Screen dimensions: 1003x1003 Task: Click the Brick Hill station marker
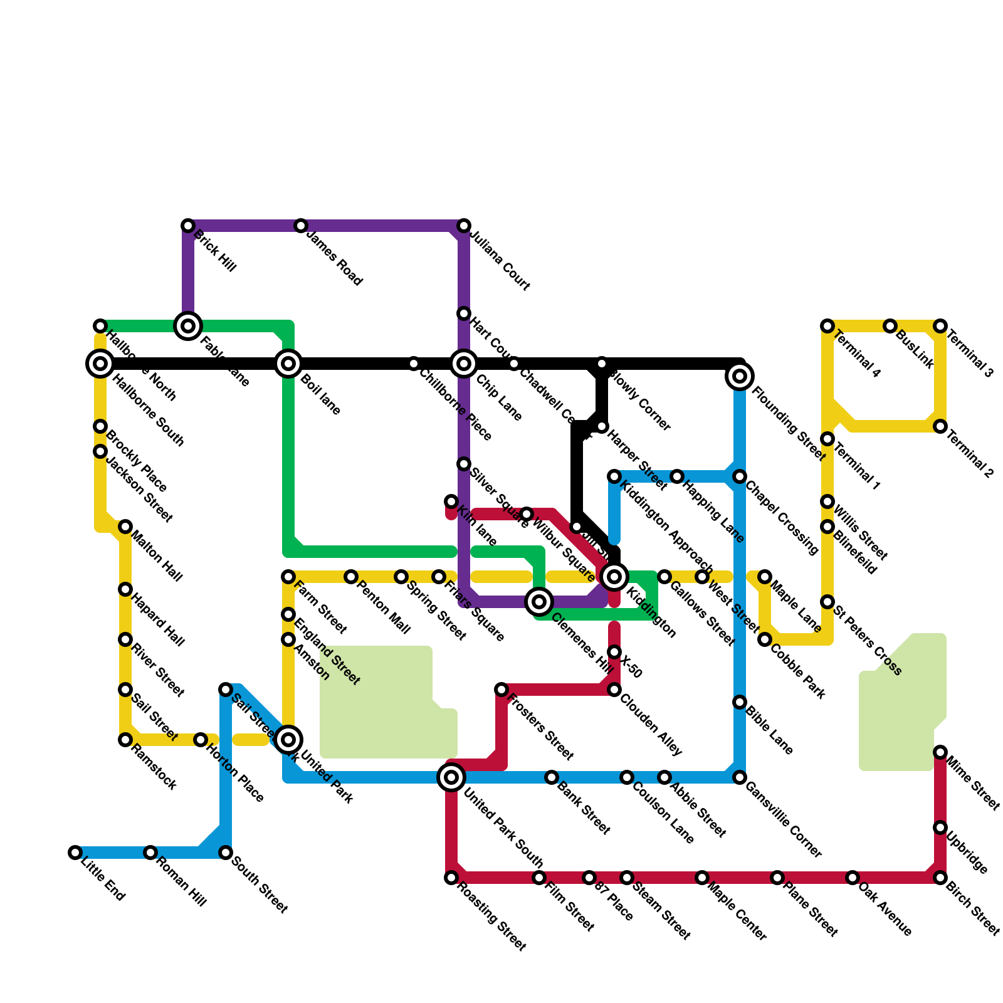[188, 226]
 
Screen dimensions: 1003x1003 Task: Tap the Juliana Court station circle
[464, 226]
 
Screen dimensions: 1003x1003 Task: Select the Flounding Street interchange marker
[740, 376]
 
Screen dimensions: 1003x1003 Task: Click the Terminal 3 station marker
[940, 326]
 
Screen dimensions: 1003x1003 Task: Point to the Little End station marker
[75, 853]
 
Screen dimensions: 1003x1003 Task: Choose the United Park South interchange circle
[451, 777]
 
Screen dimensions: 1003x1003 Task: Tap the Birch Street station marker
[940, 878]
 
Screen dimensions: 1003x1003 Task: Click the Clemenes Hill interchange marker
[539, 602]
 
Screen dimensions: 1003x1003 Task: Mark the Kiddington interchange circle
[614, 577]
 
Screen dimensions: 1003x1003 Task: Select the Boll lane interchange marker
[288, 364]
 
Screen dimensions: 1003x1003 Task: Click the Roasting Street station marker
[451, 878]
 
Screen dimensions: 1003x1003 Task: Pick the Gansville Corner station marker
[740, 777]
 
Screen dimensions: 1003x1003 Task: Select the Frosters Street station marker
[501, 690]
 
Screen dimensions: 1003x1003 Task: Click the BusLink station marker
[890, 326]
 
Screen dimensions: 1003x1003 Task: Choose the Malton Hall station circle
[125, 527]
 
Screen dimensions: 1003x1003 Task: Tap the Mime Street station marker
[940, 752]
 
